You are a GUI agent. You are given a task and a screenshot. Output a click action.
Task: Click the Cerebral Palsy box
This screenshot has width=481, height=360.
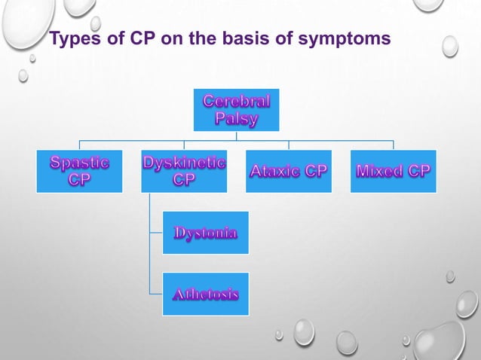pos(236,110)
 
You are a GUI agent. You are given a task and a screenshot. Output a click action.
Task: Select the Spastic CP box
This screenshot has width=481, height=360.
pos(79,171)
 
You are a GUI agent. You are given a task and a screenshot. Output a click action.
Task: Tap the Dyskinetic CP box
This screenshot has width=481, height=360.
pos(184,171)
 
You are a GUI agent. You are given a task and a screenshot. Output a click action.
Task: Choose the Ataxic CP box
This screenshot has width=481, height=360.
pos(289,171)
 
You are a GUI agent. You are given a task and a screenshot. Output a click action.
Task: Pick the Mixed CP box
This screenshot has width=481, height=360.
pos(394,171)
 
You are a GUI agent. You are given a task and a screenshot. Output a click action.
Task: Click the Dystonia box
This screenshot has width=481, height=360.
pos(206,233)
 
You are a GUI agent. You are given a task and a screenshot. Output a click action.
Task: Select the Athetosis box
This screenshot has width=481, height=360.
pos(206,294)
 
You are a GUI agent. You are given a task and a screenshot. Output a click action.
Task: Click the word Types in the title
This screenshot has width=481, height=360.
pos(75,39)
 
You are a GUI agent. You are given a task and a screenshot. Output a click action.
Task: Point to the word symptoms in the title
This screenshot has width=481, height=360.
pos(345,39)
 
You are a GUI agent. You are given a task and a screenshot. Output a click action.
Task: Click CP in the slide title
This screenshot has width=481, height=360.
pos(143,38)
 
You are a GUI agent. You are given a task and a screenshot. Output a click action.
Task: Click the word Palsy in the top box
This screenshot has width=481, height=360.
pos(236,118)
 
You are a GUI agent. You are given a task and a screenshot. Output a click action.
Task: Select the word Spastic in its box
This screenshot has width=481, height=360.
pos(79,163)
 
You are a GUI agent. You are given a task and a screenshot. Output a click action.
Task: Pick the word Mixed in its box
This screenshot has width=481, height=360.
pos(379,171)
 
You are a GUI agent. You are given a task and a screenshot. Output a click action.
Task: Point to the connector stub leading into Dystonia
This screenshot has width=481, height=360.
pos(156,233)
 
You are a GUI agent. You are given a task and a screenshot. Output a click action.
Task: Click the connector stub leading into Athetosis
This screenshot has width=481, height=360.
pos(156,294)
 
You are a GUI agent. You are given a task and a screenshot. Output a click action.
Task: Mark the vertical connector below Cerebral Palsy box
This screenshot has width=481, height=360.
pos(236,136)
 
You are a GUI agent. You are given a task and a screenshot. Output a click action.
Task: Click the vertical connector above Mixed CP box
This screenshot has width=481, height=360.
pos(394,145)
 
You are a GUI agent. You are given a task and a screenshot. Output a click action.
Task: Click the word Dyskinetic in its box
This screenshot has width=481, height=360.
pos(184,163)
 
